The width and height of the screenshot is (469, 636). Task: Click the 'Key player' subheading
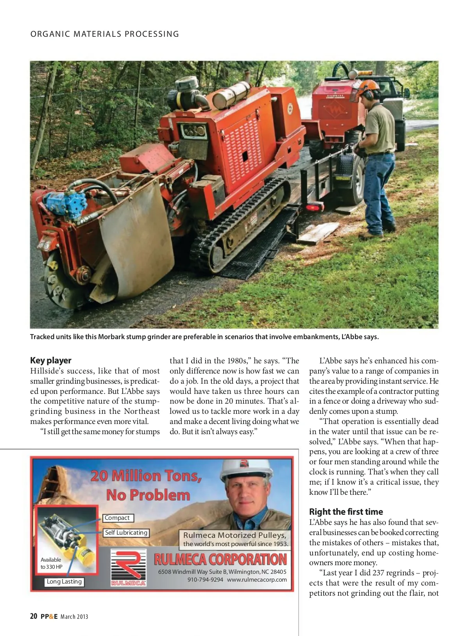(51, 360)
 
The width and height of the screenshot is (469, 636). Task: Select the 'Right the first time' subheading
(346, 512)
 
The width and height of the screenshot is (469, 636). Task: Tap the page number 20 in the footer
(34, 616)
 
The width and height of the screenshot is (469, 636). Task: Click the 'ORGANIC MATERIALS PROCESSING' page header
(105, 34)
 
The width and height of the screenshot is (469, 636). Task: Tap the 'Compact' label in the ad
(117, 518)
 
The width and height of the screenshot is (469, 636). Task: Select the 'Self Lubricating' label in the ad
(126, 533)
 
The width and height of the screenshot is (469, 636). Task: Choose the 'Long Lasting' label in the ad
(64, 582)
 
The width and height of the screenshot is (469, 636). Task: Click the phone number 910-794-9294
(205, 580)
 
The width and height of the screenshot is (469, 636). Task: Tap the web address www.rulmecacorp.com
(257, 580)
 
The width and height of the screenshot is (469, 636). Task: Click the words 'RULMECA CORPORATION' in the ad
(220, 560)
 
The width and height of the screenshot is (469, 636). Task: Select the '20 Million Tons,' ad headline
(146, 476)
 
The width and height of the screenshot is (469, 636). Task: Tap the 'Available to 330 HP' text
(51, 563)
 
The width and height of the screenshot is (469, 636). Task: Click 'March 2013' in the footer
(74, 617)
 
